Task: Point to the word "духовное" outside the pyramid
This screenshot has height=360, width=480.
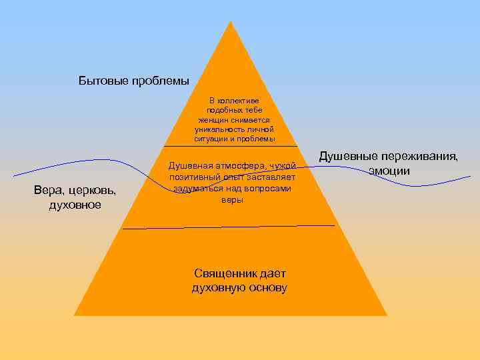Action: click(75, 205)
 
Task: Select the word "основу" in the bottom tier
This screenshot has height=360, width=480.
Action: click(265, 288)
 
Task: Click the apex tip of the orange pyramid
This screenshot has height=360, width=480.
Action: click(231, 22)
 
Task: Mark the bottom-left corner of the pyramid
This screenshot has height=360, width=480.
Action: click(74, 315)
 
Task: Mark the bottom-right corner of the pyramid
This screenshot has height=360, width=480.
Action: click(387, 315)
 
